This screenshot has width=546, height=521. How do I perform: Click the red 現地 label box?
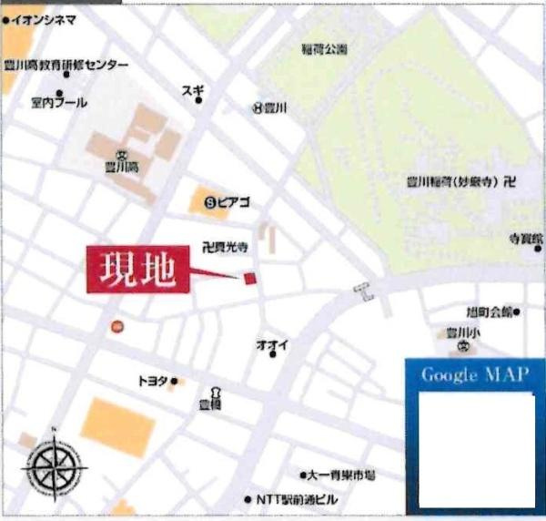coord(139,271)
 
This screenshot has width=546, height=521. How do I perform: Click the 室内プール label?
coord(58,103)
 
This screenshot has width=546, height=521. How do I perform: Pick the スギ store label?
coord(194,88)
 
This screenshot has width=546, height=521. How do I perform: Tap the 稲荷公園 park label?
coord(327,49)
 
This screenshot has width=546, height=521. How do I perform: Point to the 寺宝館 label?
coord(524,239)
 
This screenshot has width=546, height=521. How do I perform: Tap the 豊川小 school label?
coord(462,332)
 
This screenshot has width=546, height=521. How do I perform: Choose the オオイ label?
coord(272,343)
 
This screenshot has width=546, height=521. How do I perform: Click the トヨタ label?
coord(153,382)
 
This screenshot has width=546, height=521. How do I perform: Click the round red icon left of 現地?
coord(116,326)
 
